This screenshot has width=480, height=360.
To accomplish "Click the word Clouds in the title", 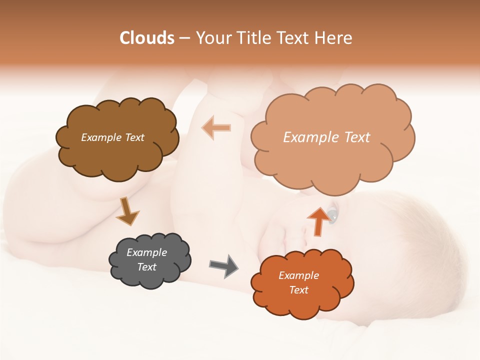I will click(147, 38).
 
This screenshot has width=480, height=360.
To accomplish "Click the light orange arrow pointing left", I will click(216, 127).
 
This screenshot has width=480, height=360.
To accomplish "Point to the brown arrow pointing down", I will click(127, 211).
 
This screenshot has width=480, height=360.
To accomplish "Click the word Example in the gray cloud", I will click(146, 252).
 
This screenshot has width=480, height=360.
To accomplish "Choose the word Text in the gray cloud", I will click(146, 267).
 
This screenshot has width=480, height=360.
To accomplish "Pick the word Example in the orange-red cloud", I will click(298, 275).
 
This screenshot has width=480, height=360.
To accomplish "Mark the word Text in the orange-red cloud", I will click(298, 290).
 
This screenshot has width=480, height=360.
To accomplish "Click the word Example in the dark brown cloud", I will click(100, 137).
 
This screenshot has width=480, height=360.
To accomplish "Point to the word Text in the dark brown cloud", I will click(133, 137).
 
